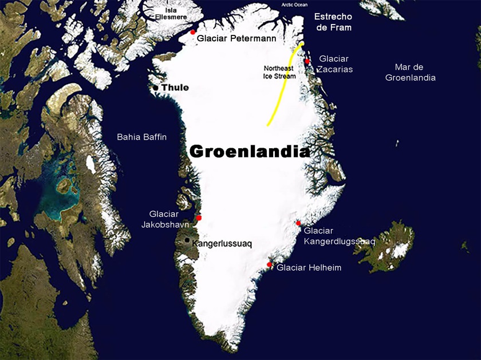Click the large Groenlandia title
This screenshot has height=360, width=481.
pos(249,151)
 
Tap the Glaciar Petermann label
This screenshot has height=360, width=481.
pos(236,39)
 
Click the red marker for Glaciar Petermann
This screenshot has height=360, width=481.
pos(193,31)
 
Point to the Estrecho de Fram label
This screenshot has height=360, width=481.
pos(333,22)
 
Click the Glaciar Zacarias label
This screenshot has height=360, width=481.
pos(336,64)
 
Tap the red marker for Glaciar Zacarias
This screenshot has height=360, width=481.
pos(307,61)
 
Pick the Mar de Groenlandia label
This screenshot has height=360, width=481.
pos(411,72)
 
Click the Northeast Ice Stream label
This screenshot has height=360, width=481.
pos(280,72)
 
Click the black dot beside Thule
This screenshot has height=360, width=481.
pos(155,88)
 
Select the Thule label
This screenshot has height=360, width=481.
pos(175,88)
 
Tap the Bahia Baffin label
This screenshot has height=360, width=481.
pos(141,137)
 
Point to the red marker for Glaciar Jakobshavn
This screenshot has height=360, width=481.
pos(199,217)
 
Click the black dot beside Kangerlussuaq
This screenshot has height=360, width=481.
pos(187,241)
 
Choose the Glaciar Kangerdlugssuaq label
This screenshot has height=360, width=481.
pos(340,236)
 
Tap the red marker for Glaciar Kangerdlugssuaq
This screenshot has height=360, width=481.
pos(298,223)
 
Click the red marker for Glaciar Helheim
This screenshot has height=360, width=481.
pos(270,264)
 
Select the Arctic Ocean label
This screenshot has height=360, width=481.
pos(295,5)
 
